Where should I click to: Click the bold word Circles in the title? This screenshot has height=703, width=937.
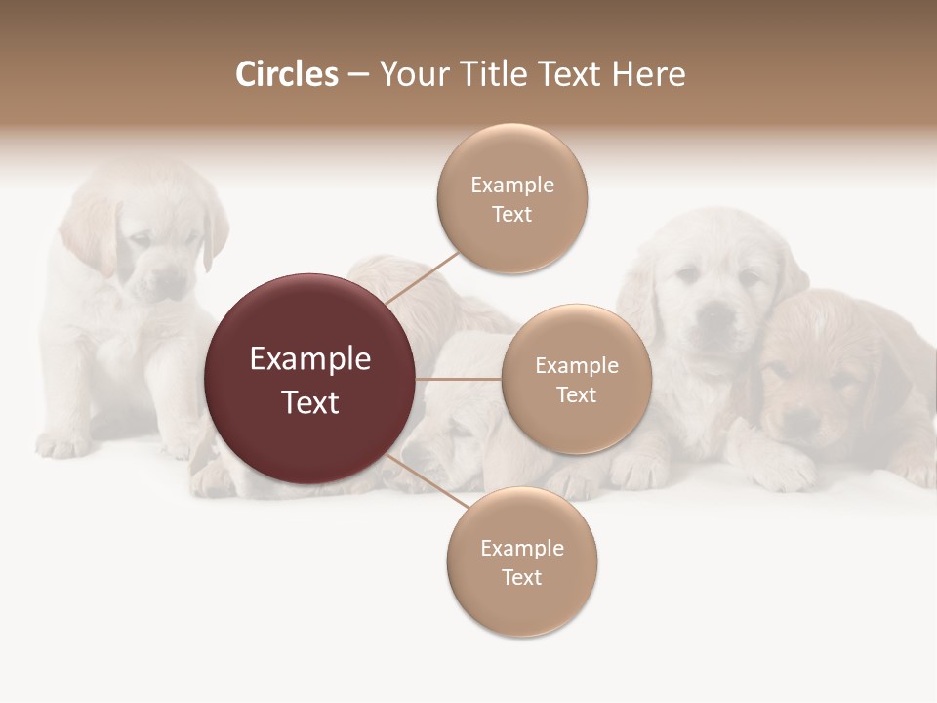click(286, 74)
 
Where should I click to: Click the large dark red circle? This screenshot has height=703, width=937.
click(309, 379)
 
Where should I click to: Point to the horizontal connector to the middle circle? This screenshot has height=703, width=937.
click(459, 379)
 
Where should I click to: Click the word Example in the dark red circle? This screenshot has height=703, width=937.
click(309, 359)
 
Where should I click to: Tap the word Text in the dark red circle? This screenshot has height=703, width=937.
click(309, 402)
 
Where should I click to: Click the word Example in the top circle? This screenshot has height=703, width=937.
click(512, 186)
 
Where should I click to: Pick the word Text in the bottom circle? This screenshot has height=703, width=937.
click(521, 578)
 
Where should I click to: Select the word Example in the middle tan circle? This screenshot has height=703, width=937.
click(576, 366)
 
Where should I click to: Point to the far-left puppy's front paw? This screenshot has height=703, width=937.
click(63, 444)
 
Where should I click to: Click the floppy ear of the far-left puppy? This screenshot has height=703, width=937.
click(215, 234)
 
